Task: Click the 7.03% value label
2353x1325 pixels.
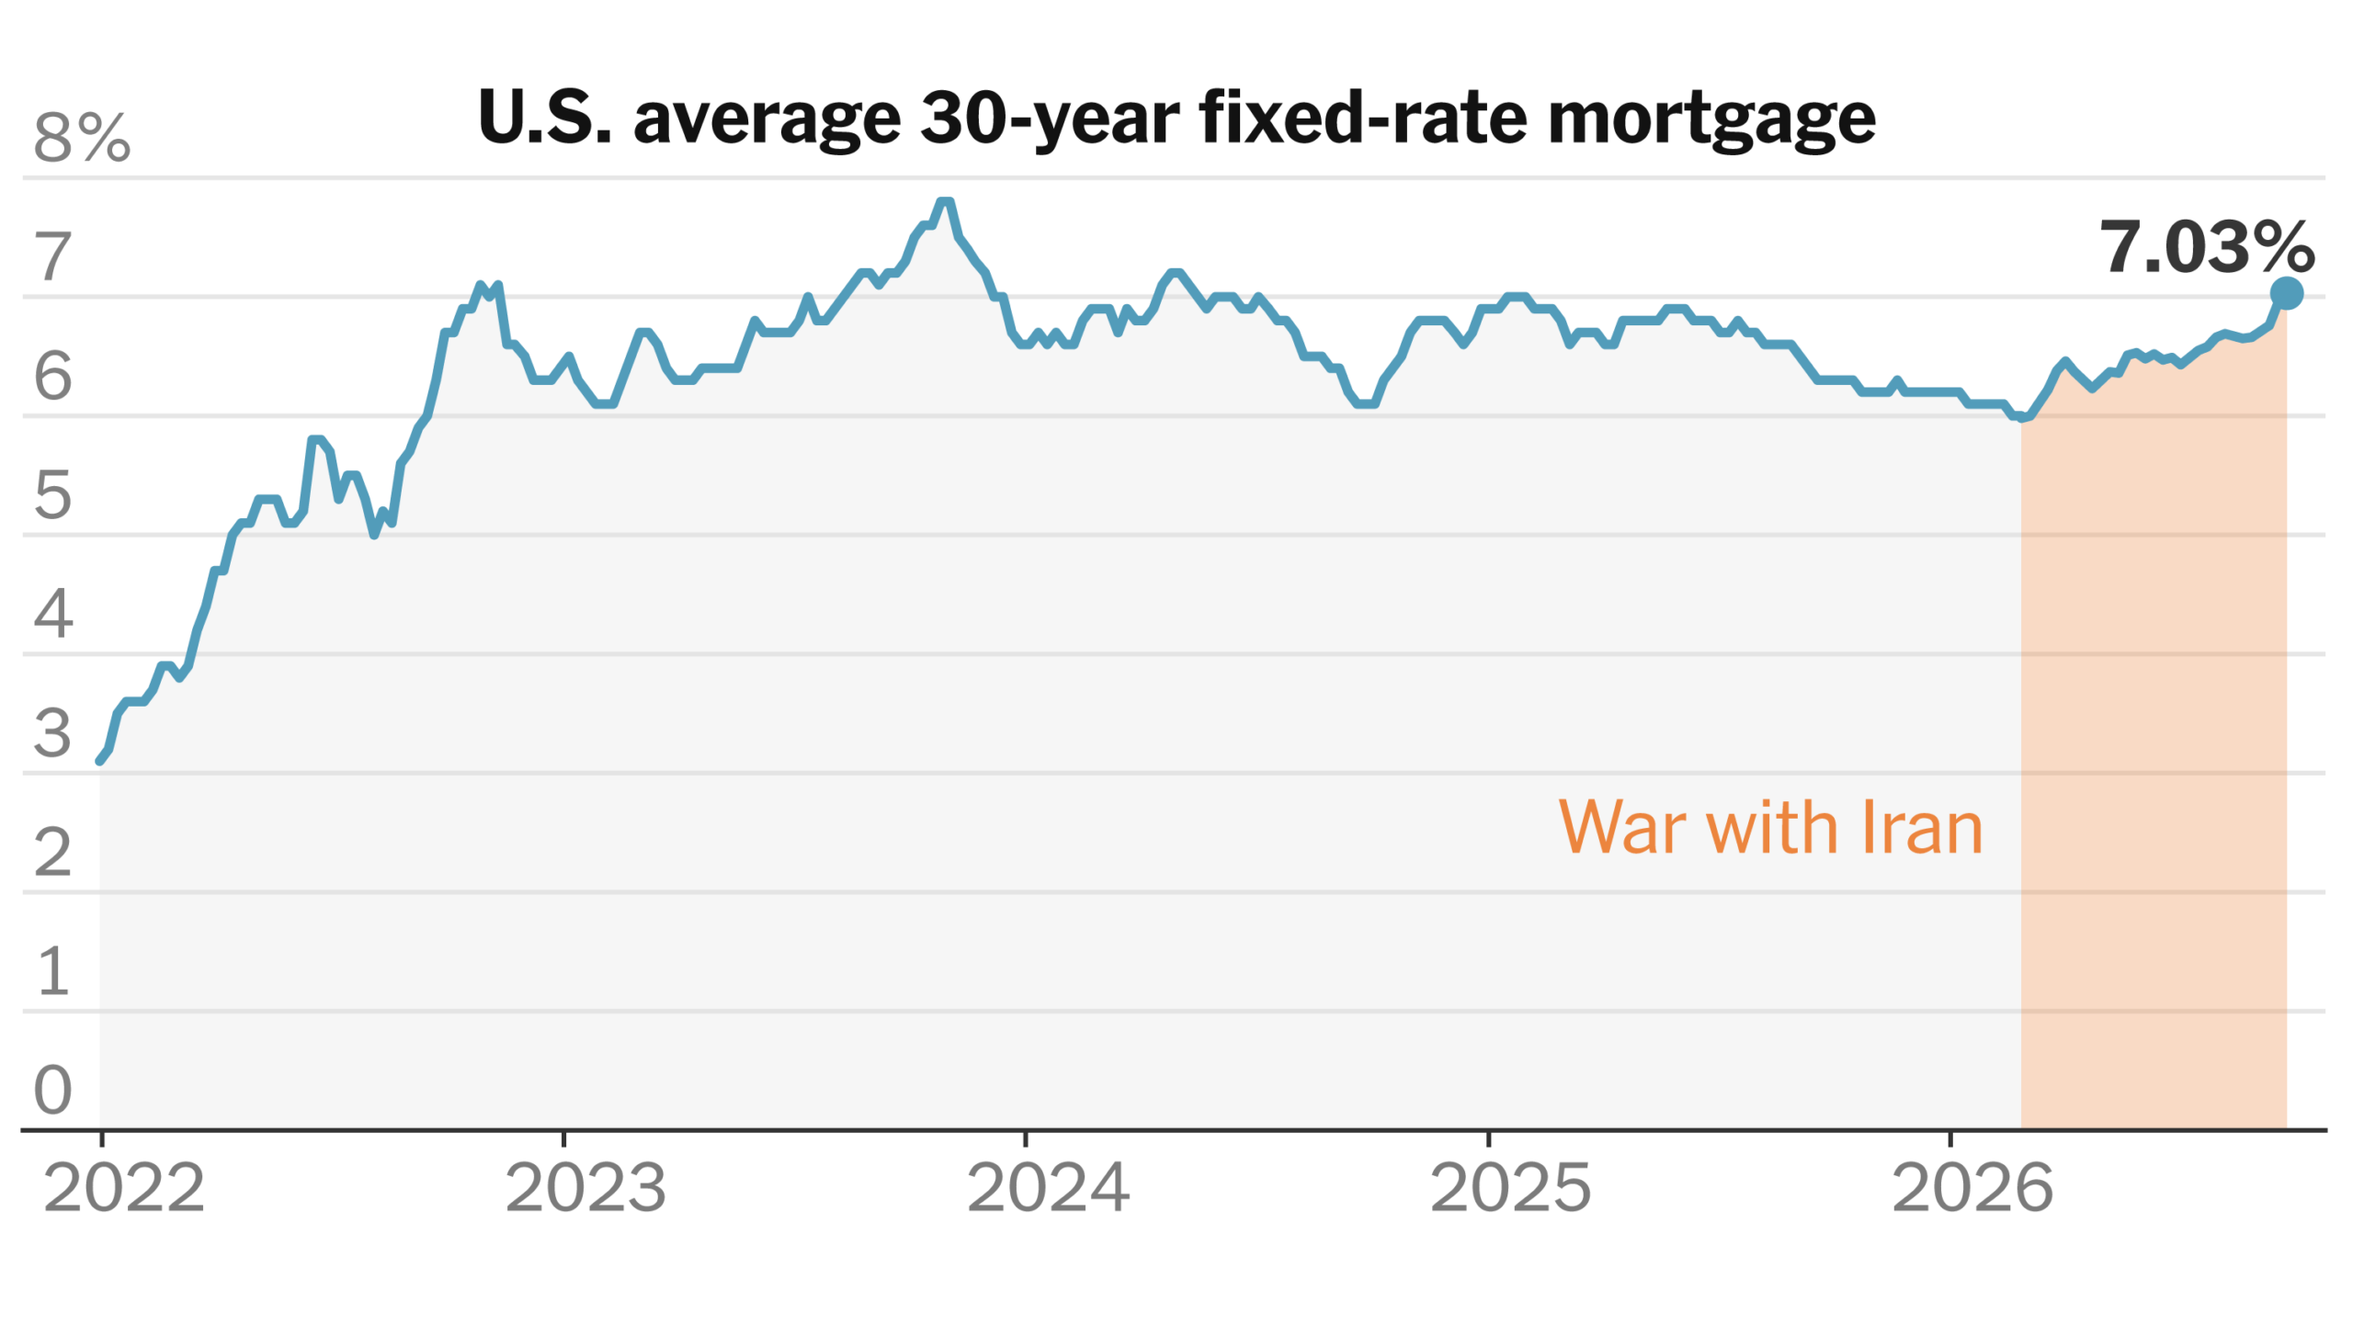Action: click(2207, 247)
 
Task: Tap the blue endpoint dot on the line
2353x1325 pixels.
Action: click(2287, 293)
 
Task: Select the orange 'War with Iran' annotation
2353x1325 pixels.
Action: click(1770, 827)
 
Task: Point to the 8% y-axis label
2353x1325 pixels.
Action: click(82, 138)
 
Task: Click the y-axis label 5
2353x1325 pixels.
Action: click(52, 495)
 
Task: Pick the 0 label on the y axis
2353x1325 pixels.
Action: click(52, 1090)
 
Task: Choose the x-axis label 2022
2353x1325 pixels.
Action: click(124, 1188)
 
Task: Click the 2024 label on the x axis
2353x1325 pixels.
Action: click(1048, 1188)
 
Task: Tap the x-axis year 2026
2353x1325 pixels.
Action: click(1972, 1188)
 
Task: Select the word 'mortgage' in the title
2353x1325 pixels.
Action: click(1711, 119)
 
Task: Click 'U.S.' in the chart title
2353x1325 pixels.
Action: click(545, 118)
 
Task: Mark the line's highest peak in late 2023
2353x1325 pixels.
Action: click(944, 201)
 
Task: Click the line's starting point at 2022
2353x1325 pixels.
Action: click(100, 761)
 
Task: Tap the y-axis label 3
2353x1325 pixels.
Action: click(52, 733)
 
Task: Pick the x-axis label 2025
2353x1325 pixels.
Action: click(1510, 1188)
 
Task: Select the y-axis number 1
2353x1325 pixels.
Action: click(52, 971)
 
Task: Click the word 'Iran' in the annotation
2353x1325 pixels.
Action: click(1922, 827)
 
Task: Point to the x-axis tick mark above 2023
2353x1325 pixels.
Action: click(563, 1139)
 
